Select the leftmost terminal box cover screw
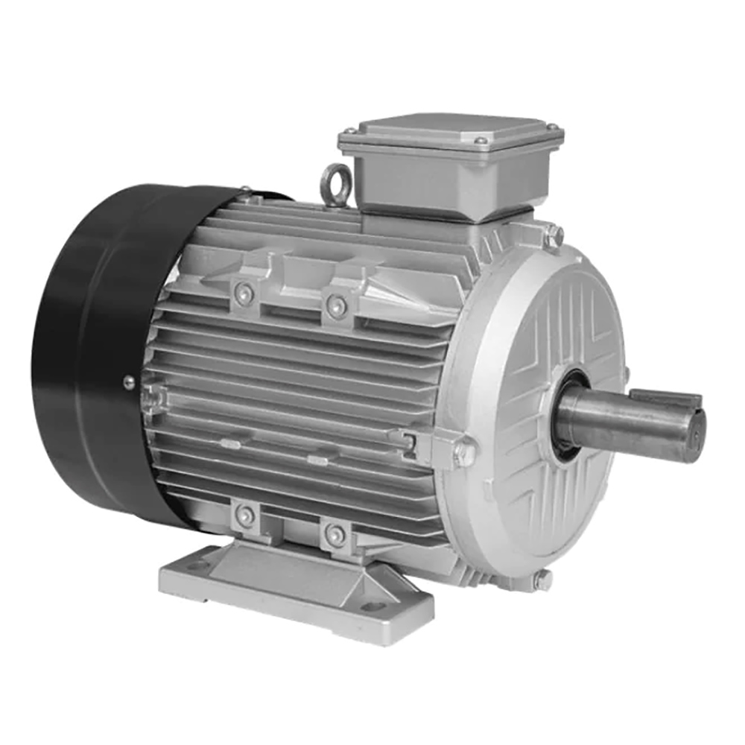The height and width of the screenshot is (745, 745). tap(352, 133)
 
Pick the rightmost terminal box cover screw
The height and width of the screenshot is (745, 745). tap(553, 129)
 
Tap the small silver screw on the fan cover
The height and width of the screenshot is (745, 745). tap(129, 381)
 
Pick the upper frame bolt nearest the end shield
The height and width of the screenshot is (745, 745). tap(337, 305)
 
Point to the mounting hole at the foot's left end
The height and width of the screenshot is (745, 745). tap(197, 567)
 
